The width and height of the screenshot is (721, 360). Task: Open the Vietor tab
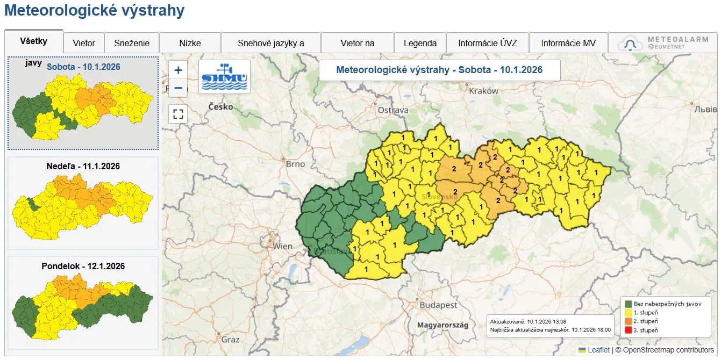[x=84, y=43]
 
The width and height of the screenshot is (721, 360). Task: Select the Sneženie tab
[x=132, y=43]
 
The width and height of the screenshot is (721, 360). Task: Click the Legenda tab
[x=420, y=43]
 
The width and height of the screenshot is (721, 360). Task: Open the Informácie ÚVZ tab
[x=487, y=43]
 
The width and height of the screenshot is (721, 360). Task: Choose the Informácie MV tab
[x=568, y=43]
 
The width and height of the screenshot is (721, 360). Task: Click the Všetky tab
[x=34, y=41]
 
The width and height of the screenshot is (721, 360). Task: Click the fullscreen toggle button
[x=179, y=114]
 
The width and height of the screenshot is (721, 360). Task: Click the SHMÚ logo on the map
[x=224, y=77]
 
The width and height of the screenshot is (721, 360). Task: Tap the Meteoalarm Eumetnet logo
[x=662, y=43]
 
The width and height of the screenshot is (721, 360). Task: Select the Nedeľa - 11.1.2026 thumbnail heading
[x=83, y=166]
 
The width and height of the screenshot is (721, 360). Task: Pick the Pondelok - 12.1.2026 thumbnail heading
[x=83, y=266]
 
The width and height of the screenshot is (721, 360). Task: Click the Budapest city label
[x=439, y=305]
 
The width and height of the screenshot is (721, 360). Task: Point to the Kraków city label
[x=483, y=91]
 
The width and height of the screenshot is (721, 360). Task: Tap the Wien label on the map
[x=283, y=247]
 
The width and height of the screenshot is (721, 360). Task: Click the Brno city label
[x=295, y=164]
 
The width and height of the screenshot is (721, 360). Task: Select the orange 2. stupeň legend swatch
[x=627, y=321]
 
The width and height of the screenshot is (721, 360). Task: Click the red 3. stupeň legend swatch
[x=627, y=330]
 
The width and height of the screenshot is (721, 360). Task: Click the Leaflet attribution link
[x=598, y=350]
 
